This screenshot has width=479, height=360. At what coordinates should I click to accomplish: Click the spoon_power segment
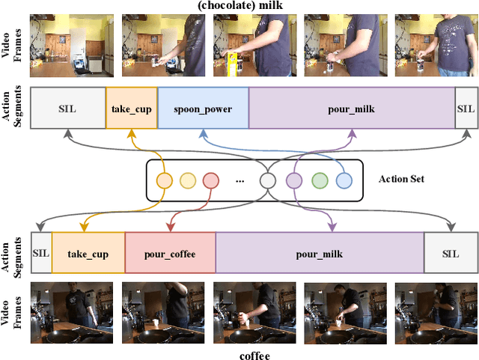(x=203, y=109)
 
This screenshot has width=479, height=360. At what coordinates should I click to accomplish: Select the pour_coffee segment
(x=170, y=254)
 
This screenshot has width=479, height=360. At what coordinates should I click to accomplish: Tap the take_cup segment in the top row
(x=132, y=109)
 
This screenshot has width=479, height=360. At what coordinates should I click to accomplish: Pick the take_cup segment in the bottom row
(x=88, y=254)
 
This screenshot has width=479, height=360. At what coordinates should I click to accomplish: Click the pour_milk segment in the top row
(x=351, y=109)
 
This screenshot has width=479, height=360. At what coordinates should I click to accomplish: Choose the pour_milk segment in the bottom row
(x=320, y=254)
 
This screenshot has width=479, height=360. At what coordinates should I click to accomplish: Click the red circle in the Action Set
(x=210, y=180)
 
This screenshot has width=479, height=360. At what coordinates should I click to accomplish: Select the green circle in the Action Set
(x=320, y=180)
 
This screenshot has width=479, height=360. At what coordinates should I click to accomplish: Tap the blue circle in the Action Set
(x=344, y=180)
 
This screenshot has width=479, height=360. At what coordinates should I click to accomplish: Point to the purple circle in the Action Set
(x=294, y=180)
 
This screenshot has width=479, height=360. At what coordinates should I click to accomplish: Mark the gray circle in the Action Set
(x=268, y=180)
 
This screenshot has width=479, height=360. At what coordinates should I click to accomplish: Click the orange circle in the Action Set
(x=163, y=180)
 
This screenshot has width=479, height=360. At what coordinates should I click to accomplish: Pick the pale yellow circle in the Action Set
(x=187, y=180)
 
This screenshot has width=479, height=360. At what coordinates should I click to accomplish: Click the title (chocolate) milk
(x=239, y=7)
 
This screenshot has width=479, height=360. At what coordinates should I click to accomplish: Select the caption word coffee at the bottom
(x=254, y=356)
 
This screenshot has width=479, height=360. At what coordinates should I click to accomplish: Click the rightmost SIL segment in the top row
(x=465, y=109)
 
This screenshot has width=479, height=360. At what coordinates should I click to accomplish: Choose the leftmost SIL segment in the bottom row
(x=40, y=254)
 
